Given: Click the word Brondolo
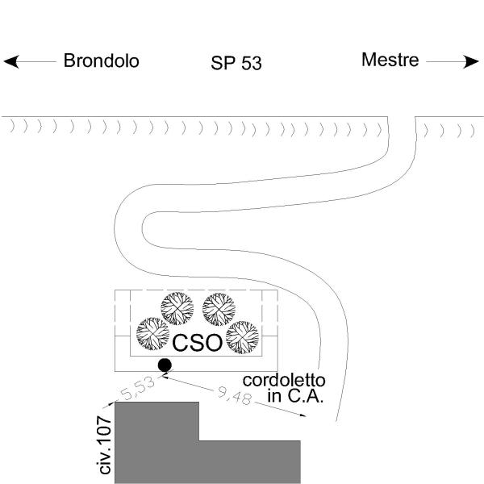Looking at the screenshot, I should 101,60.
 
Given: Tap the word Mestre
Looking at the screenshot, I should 390,60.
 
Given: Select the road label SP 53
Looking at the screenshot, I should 236,63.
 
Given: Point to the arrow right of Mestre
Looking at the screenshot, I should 453,61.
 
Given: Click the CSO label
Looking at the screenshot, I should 198,342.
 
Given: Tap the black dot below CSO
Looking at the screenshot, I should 165,365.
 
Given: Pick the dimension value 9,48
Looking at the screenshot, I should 233,396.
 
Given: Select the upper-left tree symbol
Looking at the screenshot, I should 177,308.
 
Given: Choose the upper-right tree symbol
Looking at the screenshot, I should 218,308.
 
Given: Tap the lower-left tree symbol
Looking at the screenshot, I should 152,332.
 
